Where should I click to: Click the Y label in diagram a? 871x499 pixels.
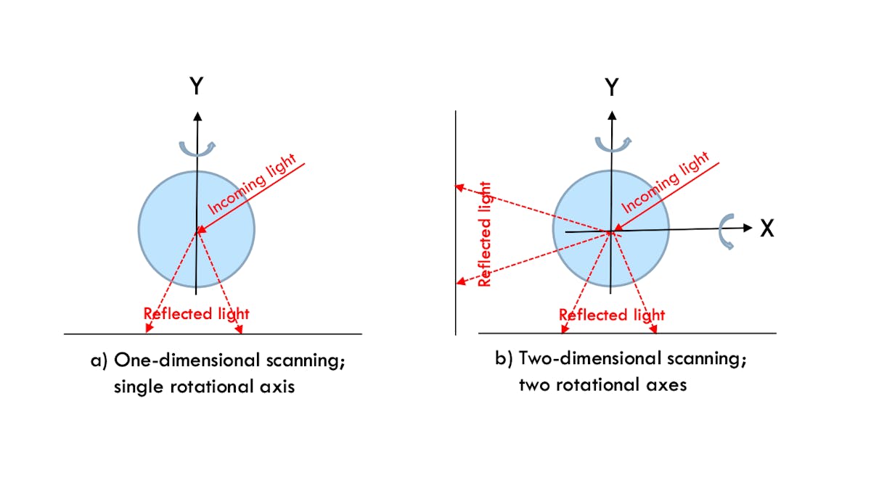196,87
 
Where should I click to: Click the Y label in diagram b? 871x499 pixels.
612,88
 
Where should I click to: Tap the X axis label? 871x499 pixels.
767,229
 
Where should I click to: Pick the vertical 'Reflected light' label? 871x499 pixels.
485,234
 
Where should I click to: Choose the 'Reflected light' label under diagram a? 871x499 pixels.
196,314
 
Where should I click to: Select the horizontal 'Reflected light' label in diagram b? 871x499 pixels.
611,315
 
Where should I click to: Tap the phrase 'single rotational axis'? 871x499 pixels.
204,387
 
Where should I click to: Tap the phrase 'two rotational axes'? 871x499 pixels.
602,385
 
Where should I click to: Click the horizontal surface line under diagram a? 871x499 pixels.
305,334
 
